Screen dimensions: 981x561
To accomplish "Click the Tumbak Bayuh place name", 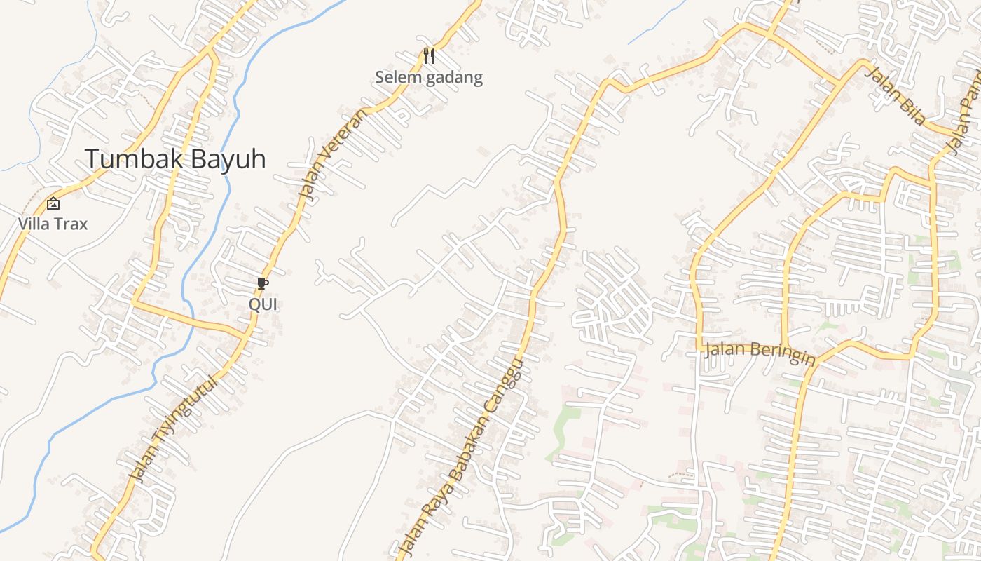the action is [175, 159].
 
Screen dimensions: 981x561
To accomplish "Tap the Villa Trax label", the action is [53, 224].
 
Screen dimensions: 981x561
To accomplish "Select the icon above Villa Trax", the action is [53, 204].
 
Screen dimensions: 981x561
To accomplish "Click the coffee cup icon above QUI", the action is [263, 283].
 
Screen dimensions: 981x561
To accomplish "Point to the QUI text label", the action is [263, 304].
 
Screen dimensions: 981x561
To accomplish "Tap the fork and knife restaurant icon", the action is [429, 55].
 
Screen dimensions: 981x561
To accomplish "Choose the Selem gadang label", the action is [429, 77].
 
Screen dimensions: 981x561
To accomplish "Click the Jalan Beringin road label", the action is [760, 353].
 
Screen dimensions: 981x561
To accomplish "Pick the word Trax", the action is [73, 224].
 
